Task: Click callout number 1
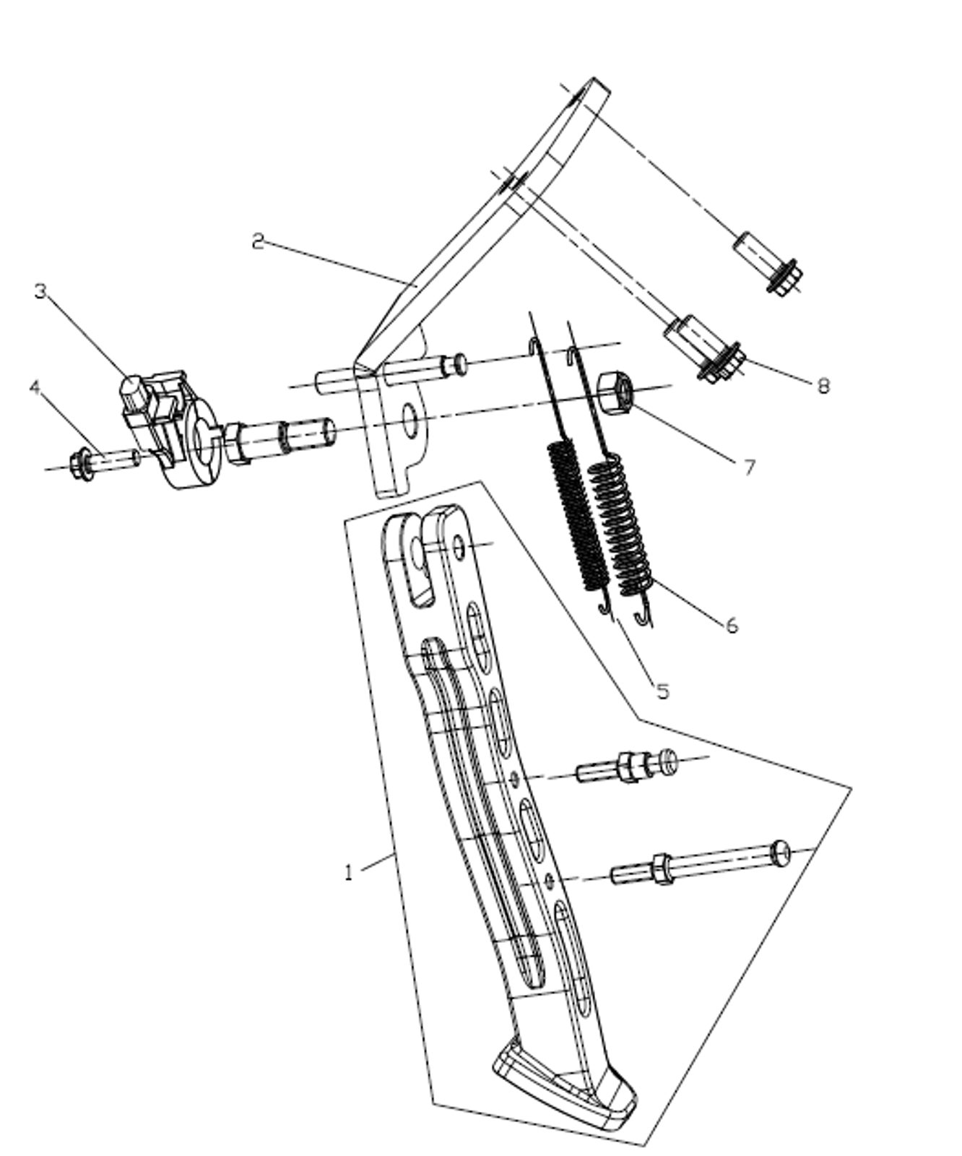pos(350,873)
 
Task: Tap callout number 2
pos(258,241)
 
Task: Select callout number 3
pos(40,291)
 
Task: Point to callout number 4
pos(35,388)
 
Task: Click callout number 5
pos(663,691)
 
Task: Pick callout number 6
pos(732,626)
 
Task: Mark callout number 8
pos(823,386)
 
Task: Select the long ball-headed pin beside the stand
pos(701,864)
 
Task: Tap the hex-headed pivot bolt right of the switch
pos(279,436)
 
